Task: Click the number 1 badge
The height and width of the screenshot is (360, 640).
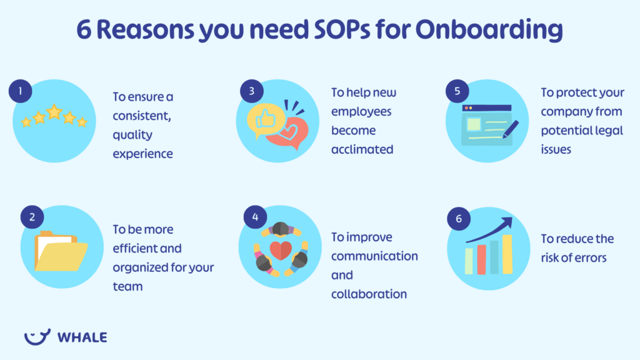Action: pyautogui.click(x=21, y=92)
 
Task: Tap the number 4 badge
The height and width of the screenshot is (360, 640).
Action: pyautogui.click(x=255, y=217)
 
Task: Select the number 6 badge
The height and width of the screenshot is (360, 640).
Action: pyautogui.click(x=458, y=219)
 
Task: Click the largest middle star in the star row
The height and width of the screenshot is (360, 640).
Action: pyautogui.click(x=54, y=112)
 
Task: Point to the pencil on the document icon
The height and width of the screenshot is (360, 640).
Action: pyautogui.click(x=510, y=130)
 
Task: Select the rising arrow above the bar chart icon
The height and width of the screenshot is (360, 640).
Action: pyautogui.click(x=490, y=229)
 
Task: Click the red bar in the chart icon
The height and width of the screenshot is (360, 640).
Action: pyautogui.click(x=481, y=259)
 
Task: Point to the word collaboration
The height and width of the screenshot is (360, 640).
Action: pyautogui.click(x=369, y=294)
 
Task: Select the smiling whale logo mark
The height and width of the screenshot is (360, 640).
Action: pyautogui.click(x=37, y=336)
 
